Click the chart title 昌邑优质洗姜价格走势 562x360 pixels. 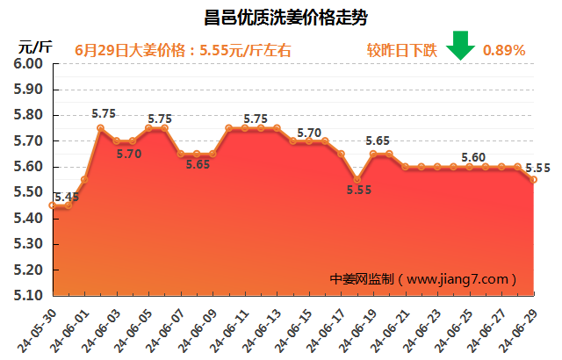click(280, 17)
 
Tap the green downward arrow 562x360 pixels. click(460, 45)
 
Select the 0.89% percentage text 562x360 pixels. click(504, 50)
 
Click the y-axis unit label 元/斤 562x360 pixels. click(35, 46)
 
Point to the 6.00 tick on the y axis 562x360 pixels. click(30, 64)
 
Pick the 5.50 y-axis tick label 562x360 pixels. click(30, 192)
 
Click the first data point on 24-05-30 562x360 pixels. click(53, 205)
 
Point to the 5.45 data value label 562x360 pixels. click(67, 197)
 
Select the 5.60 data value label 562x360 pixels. click(473, 157)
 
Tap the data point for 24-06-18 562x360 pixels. click(357, 179)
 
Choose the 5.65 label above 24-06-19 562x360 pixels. click(378, 140)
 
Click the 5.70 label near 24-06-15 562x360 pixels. click(309, 133)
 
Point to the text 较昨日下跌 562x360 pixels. click(401, 50)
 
